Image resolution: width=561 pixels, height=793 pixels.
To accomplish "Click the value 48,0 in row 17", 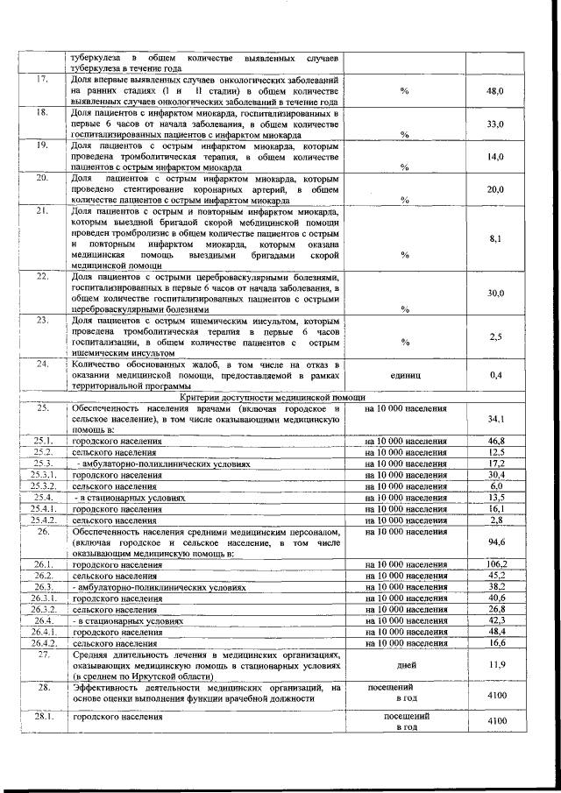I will (495, 91).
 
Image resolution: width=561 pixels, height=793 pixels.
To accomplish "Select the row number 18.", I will (41, 113).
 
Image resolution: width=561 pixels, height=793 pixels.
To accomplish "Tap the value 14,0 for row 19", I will (495, 157).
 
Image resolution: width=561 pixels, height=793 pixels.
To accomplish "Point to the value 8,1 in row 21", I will (495, 237).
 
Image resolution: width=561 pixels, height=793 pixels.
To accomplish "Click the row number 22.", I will (41, 277).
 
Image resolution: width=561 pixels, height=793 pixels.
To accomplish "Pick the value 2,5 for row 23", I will (495, 336).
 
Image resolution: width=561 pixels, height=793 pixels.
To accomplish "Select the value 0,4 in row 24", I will (495, 375).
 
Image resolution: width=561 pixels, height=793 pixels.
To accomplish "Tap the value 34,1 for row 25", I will (495, 420).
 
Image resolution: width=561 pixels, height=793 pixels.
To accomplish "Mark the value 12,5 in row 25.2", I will (496, 451).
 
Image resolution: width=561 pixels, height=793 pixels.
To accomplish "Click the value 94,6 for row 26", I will (495, 542).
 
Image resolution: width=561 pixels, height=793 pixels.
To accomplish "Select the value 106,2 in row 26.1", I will (496, 563).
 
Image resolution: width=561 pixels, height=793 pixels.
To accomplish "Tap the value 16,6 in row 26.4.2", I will (496, 643).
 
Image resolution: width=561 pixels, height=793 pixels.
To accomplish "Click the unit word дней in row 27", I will (406, 665).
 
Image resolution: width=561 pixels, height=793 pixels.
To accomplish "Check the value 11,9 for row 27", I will (495, 665).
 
